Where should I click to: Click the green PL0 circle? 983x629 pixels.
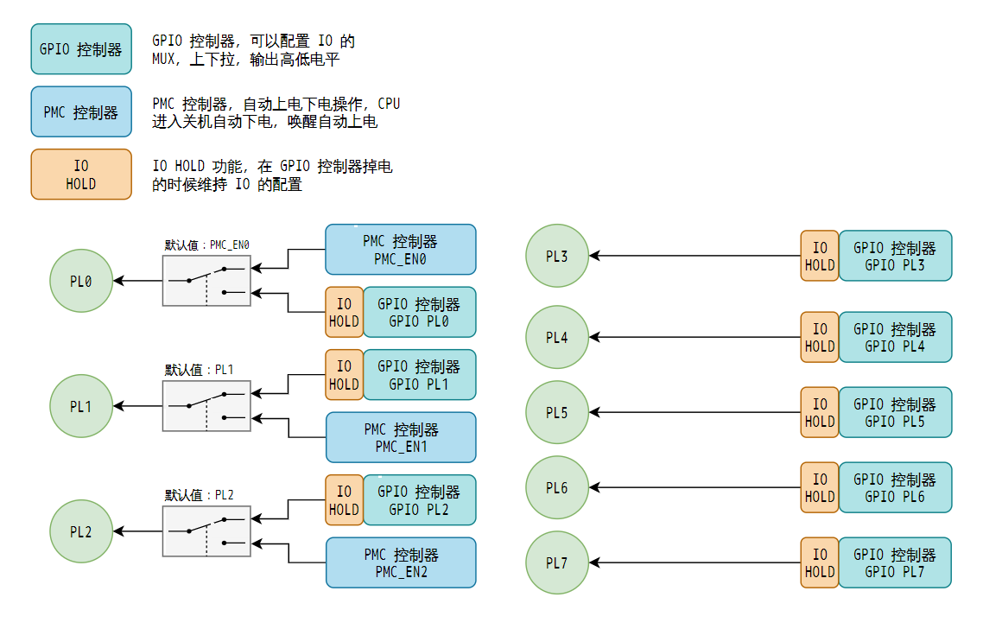point(81,281)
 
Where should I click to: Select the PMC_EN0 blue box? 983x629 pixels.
point(401,250)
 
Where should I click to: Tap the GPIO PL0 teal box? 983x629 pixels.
point(419,313)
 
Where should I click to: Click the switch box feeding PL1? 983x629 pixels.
point(206,406)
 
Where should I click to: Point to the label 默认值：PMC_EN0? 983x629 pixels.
point(212,245)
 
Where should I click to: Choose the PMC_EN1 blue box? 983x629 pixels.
point(401,437)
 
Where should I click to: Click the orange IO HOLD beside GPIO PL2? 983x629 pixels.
point(344,500)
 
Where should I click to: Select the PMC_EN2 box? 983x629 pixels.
point(401,562)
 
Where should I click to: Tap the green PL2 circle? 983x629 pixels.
point(81,531)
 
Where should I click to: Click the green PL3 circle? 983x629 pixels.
point(557,256)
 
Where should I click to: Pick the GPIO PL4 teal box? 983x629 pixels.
point(895,338)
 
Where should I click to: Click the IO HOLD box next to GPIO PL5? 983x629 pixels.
point(820,413)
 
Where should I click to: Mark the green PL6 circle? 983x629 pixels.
point(557,488)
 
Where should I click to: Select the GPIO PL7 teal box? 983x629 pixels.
point(895,563)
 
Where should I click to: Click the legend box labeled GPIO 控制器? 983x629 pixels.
point(81,49)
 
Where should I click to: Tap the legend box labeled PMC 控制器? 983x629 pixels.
point(81,111)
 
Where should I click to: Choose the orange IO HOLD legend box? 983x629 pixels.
point(81,175)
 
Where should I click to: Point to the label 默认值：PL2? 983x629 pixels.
point(200,496)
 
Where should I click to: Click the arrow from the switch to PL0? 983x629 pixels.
point(138,281)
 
